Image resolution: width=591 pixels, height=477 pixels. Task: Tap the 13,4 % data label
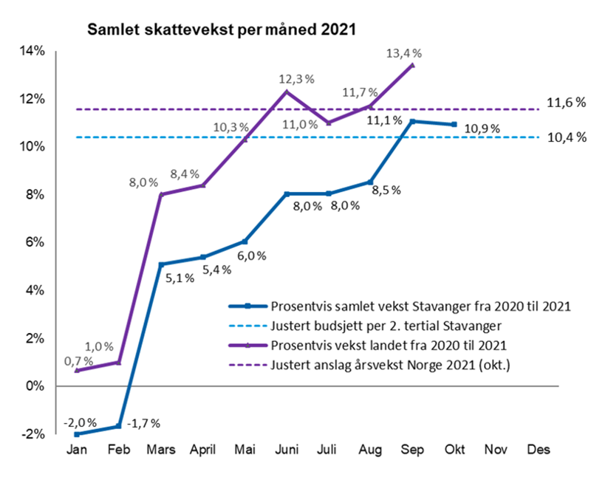[403, 52]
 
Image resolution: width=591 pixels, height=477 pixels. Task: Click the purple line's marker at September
[412, 65]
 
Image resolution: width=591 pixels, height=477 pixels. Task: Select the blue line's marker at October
[454, 124]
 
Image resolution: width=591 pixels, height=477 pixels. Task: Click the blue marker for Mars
[161, 264]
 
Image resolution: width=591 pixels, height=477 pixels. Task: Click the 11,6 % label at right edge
[566, 103]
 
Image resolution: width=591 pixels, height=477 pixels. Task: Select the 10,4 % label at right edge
[566, 137]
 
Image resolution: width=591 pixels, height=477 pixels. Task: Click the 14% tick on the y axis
[33, 51]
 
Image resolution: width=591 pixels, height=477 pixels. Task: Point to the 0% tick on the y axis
[35, 385]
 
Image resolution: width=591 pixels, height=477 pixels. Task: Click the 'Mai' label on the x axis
[245, 449]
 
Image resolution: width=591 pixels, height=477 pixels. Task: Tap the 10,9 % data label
[483, 128]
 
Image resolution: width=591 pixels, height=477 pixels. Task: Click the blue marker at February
[119, 426]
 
